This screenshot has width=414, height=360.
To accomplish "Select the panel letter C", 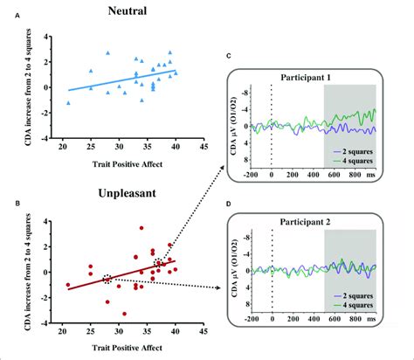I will pyautogui.click(x=229, y=57).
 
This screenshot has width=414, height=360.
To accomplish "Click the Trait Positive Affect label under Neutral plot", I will pyautogui.click(x=127, y=163).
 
